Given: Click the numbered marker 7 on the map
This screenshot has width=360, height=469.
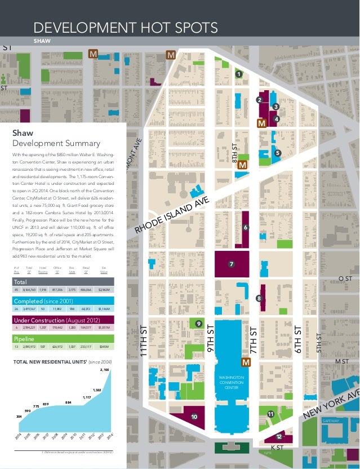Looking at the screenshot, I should pyautogui.click(x=230, y=264).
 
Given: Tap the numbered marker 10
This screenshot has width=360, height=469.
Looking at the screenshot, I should pyautogui.click(x=194, y=417).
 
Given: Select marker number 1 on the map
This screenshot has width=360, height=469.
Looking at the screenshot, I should pyautogui.click(x=238, y=74).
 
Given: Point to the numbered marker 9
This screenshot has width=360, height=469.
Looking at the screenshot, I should pyautogui.click(x=198, y=323).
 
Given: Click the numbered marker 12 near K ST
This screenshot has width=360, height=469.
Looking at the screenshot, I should pyautogui.click(x=279, y=437).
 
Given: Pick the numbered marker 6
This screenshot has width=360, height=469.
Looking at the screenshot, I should pyautogui.click(x=245, y=227).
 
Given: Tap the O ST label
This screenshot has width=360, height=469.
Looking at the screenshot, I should pyautogui.click(x=345, y=278).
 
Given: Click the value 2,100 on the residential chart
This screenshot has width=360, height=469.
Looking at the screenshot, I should pyautogui.click(x=104, y=369).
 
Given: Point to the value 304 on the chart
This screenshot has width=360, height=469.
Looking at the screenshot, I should pyautogui.click(x=19, y=417).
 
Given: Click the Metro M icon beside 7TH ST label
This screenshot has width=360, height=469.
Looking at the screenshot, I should pyautogui.click(x=246, y=362).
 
